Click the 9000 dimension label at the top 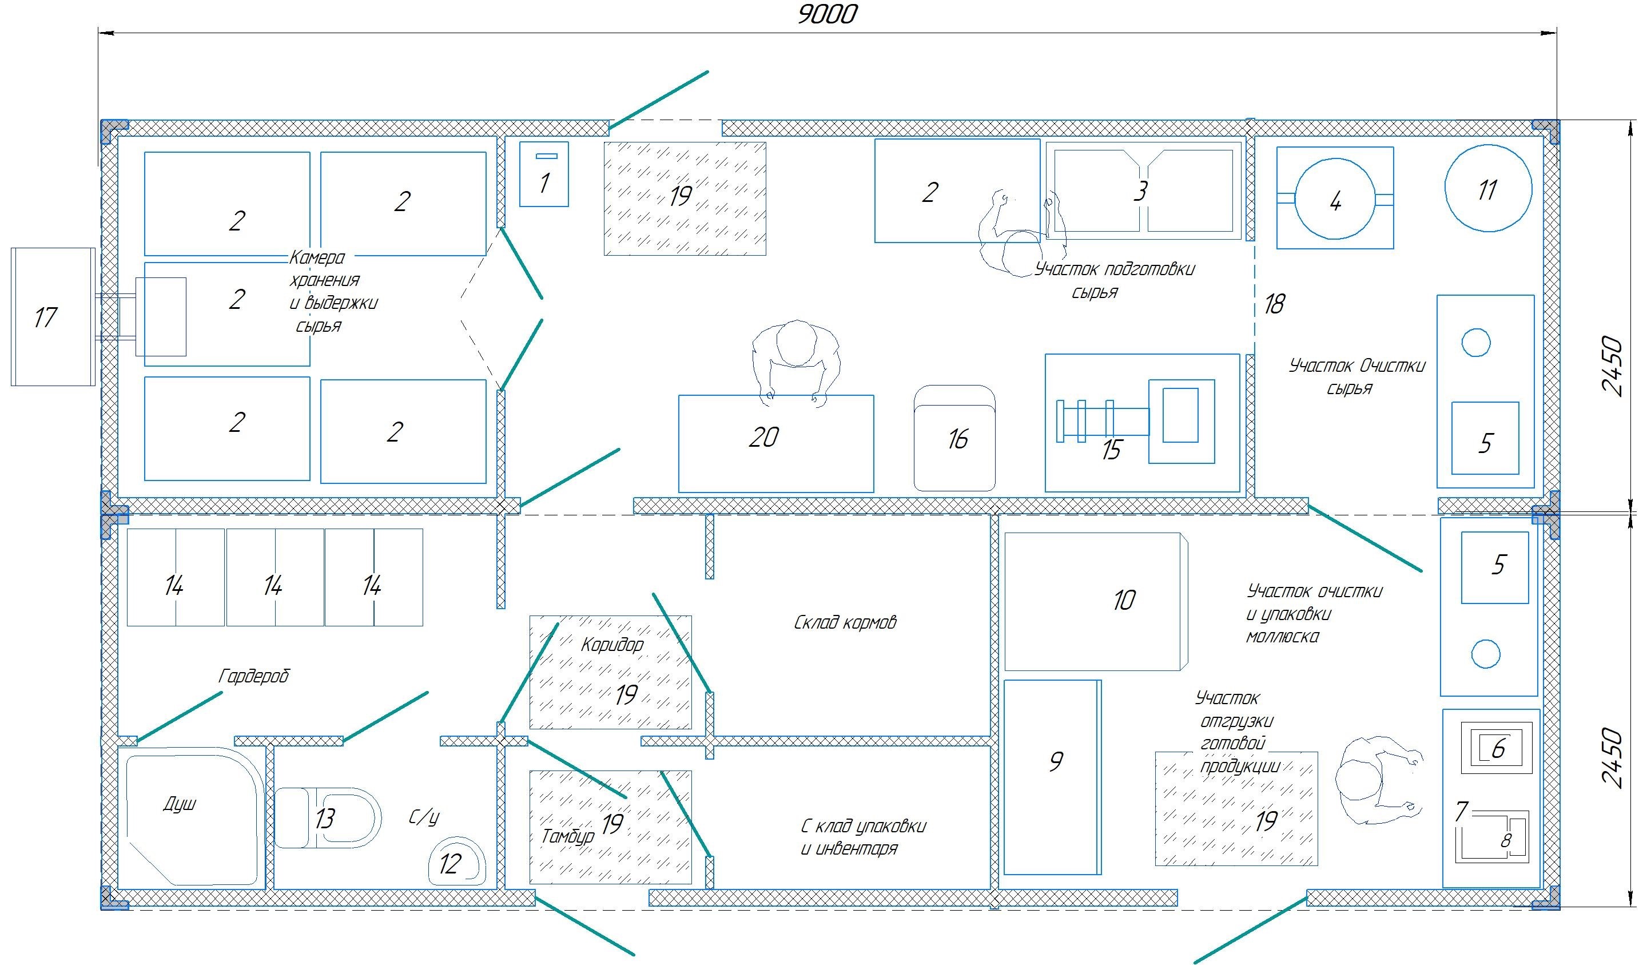click(828, 14)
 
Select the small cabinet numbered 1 click(544, 174)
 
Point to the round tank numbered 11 click(1488, 189)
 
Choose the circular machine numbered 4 click(1335, 198)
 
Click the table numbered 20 click(775, 444)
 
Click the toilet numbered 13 click(327, 818)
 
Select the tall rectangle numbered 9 click(1052, 777)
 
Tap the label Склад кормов click(845, 623)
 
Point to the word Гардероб click(254, 676)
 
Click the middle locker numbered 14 click(275, 577)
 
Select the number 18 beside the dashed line click(1274, 304)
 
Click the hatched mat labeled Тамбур click(610, 827)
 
